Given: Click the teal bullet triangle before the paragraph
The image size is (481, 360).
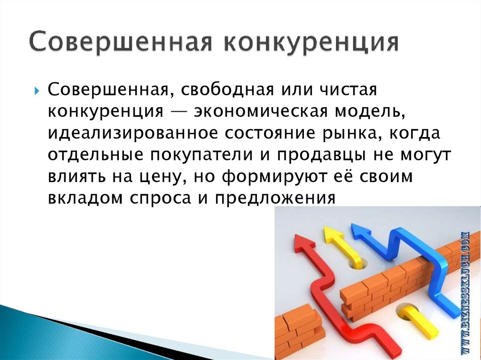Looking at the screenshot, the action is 37,91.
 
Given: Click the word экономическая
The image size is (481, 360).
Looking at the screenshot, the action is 260,112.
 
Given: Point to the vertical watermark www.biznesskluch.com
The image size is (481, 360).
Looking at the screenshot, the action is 466,292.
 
